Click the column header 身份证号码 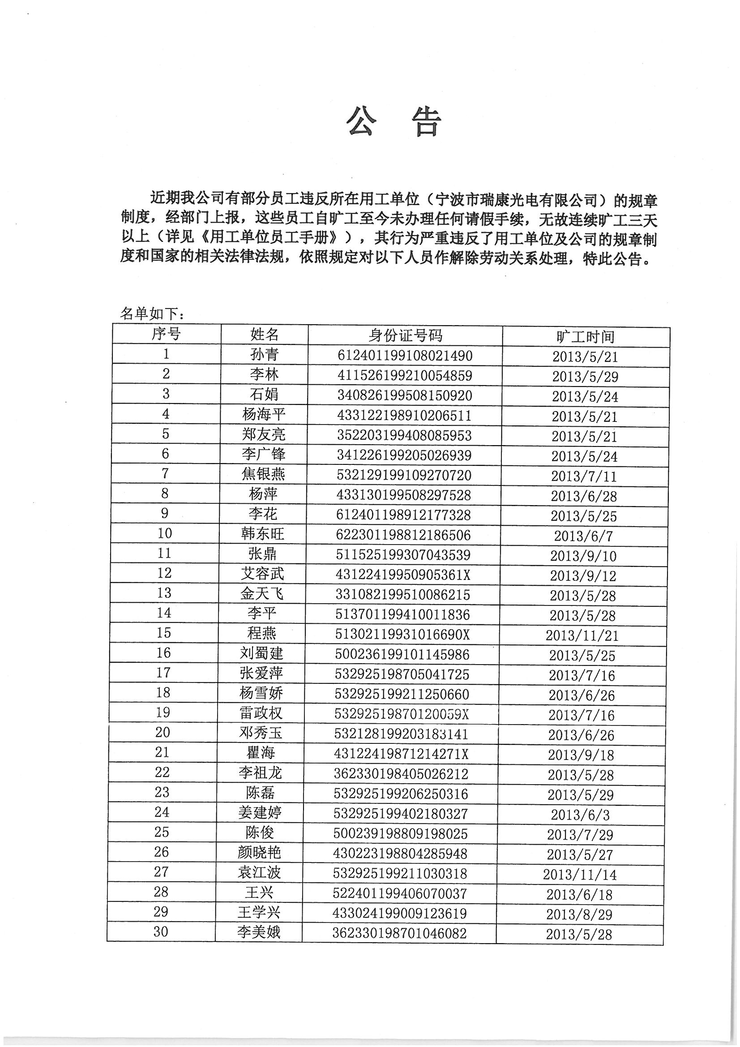click(405, 335)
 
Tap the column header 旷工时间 click(586, 337)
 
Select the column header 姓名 click(265, 335)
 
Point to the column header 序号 click(167, 334)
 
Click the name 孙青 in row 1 click(265, 355)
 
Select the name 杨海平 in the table click(264, 415)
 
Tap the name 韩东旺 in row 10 click(263, 534)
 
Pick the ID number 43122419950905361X click(402, 575)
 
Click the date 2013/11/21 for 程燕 click(582, 635)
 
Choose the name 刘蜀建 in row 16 click(262, 653)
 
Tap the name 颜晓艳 click(260, 852)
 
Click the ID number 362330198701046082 click(399, 933)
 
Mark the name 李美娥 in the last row click(258, 932)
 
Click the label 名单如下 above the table click(152, 314)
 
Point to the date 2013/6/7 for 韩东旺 click(583, 536)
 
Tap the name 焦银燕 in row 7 click(263, 474)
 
